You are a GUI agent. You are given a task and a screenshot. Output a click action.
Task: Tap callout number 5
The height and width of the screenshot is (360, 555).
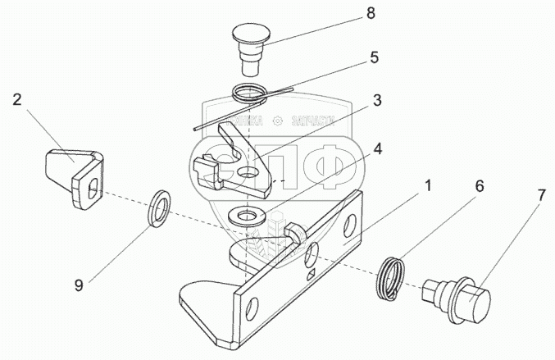click(374, 58)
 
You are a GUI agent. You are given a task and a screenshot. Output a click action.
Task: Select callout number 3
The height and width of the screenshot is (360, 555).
click(376, 100)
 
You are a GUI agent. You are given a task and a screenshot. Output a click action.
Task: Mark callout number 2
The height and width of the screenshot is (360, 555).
click(16, 100)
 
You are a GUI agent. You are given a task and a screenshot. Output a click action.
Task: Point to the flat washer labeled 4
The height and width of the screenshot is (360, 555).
click(244, 216)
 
